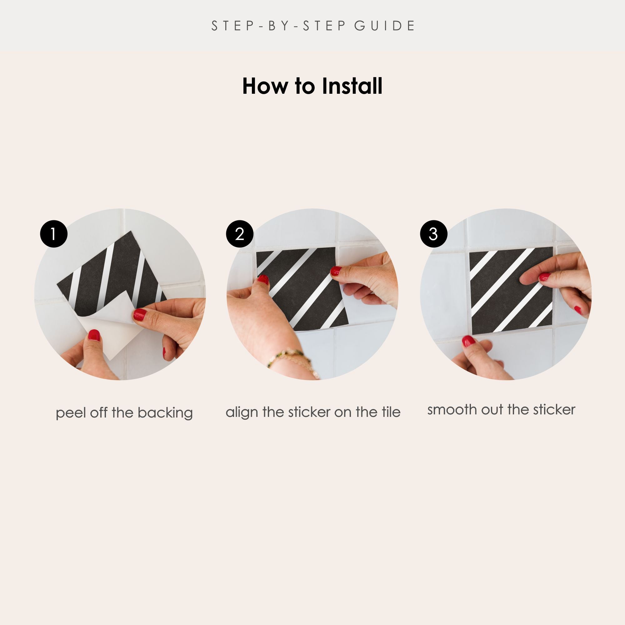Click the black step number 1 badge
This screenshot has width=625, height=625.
(54, 234)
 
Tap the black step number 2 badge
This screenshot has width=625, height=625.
(239, 234)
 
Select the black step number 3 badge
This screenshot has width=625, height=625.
(433, 234)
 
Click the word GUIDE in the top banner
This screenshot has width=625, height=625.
(385, 26)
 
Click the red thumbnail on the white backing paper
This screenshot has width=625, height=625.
(94, 335)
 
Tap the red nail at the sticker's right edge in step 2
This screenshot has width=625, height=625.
(336, 271)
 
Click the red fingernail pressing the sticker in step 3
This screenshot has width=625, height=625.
(545, 277)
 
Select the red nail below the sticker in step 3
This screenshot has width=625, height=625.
(468, 341)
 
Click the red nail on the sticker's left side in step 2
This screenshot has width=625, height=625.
(263, 279)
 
